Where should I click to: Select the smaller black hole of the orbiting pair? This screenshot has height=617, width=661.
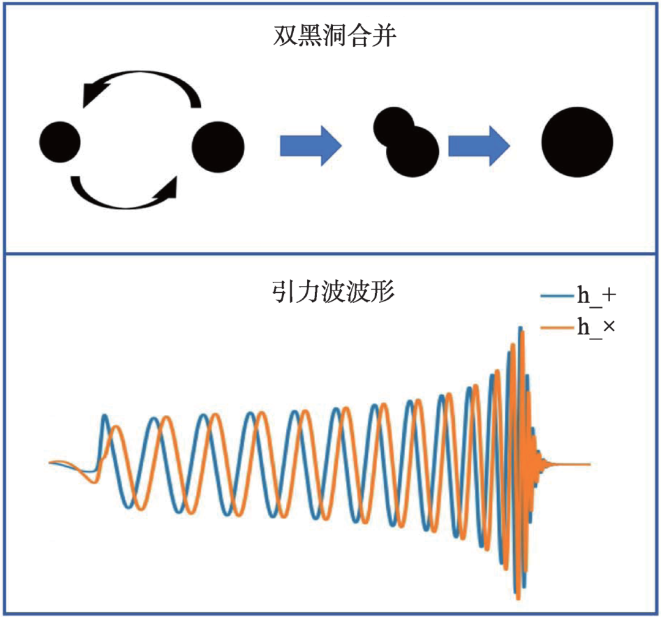[60, 142]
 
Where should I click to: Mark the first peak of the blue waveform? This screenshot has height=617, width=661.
[105, 417]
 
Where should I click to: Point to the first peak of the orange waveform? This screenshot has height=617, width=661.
[117, 429]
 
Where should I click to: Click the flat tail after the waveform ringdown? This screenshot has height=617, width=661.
[569, 464]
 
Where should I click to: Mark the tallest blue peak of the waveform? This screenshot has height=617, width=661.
[521, 329]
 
